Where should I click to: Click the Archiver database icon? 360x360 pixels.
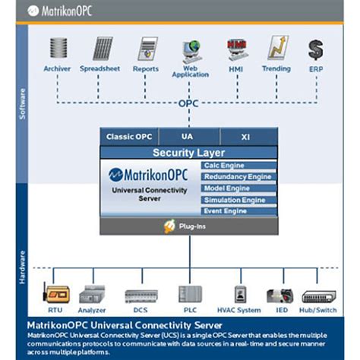pyautogui.click(x=58, y=49)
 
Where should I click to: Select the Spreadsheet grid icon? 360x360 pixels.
pyautogui.click(x=103, y=49)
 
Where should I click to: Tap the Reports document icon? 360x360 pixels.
pyautogui.click(x=147, y=49)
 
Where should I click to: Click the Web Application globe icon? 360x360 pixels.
pyautogui.click(x=190, y=50)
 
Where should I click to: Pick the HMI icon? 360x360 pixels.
pyautogui.click(x=235, y=49)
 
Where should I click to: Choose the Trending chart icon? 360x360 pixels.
pyautogui.click(x=277, y=49)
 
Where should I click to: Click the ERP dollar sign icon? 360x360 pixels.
pyautogui.click(x=315, y=49)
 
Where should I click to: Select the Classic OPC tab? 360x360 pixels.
pyautogui.click(x=128, y=137)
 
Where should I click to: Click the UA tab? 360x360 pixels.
pyautogui.click(x=188, y=137)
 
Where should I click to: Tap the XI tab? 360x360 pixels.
pyautogui.click(x=246, y=137)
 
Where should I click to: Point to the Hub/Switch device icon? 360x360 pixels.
pyautogui.click(x=317, y=295)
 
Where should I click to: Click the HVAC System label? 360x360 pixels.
pyautogui.click(x=238, y=311)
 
